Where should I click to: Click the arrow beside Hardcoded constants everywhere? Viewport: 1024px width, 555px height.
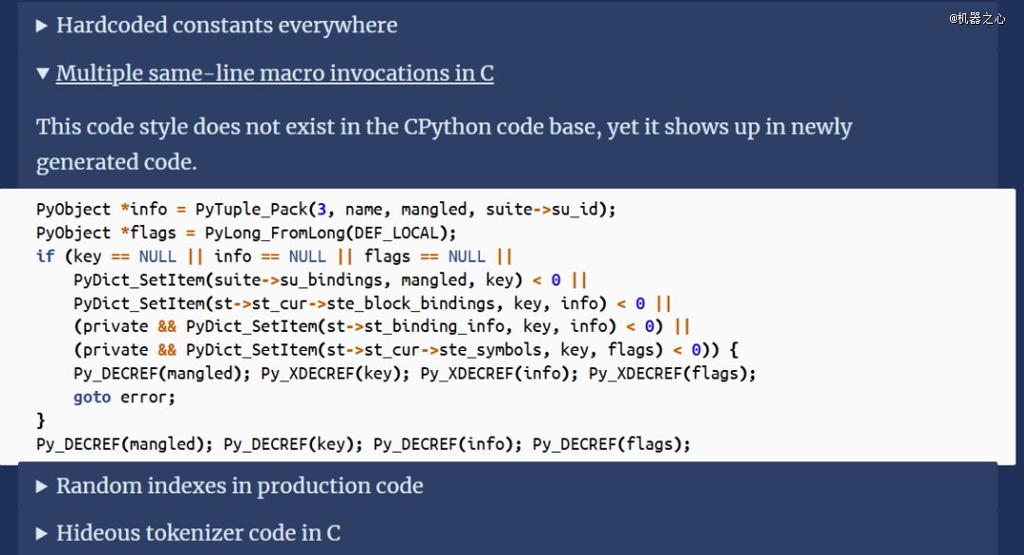click(x=42, y=26)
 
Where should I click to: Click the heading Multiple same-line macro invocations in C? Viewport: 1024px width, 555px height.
click(x=275, y=73)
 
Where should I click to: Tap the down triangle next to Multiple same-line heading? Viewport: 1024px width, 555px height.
click(x=43, y=73)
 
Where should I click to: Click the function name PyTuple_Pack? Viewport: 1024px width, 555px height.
click(x=251, y=209)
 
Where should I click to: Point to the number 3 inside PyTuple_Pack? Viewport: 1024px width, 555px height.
click(x=321, y=209)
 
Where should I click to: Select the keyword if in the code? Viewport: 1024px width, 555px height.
click(x=46, y=255)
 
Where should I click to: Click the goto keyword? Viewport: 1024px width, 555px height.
click(x=92, y=397)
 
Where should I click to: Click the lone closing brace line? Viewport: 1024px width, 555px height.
click(x=41, y=420)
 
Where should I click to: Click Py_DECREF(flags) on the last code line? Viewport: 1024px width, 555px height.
click(x=608, y=444)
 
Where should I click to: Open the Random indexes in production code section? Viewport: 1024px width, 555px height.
click(x=239, y=487)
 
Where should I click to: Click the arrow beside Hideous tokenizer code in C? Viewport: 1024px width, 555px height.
click(x=42, y=533)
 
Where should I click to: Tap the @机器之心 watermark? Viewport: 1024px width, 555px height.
click(x=978, y=18)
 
